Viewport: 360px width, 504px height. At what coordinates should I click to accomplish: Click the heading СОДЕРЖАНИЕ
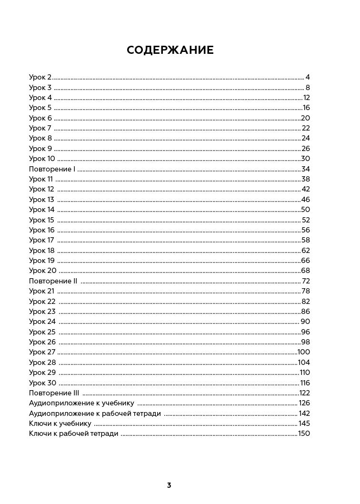click(170, 50)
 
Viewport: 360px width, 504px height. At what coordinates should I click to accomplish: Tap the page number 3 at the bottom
click(169, 485)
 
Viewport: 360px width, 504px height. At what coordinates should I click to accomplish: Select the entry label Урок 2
click(40, 77)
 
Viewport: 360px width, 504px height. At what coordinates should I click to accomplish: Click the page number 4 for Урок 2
click(308, 77)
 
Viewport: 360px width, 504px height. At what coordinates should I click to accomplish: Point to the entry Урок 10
click(42, 159)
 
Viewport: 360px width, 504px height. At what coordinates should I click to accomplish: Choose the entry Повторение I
click(52, 169)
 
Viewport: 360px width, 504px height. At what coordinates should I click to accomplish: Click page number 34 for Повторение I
click(306, 169)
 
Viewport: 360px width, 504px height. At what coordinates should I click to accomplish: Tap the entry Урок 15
click(41, 220)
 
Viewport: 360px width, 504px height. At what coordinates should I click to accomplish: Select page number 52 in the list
click(306, 220)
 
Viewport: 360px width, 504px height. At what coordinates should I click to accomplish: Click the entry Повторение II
click(53, 281)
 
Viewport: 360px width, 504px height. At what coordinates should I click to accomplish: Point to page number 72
click(306, 281)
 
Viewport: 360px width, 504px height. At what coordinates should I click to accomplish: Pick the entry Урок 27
click(42, 352)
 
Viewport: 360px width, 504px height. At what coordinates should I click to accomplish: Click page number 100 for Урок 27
click(304, 352)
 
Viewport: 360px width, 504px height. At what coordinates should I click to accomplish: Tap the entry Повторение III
click(54, 393)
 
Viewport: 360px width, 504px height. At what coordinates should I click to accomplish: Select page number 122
click(304, 393)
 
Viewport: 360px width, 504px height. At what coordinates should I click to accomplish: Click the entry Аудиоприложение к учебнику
click(81, 403)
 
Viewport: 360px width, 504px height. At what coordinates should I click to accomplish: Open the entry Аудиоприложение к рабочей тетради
click(95, 413)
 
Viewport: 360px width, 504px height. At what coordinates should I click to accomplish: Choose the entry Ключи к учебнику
click(60, 423)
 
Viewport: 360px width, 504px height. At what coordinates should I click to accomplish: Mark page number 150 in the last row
click(304, 434)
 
